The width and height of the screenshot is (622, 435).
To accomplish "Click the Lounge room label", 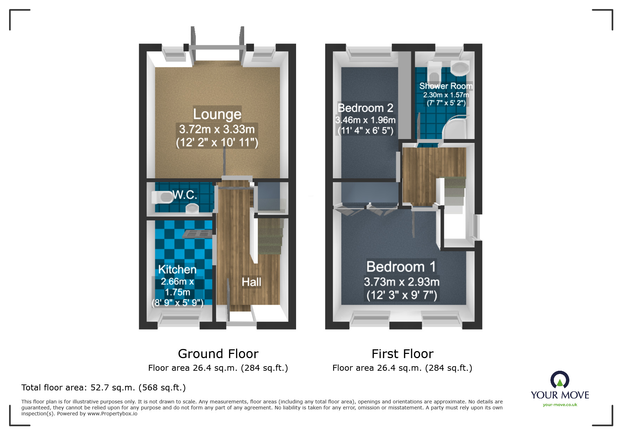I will pos(217,114).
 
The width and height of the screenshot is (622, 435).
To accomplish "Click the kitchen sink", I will pos(197,234).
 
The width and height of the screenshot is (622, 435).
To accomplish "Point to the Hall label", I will pos(251,282).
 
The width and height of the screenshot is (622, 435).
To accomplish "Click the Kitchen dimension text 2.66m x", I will pos(177,282).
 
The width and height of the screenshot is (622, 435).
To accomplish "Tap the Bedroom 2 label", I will pos(365,108).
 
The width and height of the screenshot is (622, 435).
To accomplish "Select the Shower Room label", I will pos(445,86).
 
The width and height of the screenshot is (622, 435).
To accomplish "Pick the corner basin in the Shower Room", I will pos(459,68).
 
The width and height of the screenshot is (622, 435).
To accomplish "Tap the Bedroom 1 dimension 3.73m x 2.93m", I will pos(401,282).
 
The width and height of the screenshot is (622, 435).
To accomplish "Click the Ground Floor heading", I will pos(218,354).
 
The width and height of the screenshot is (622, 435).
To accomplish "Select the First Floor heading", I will pos(402,354).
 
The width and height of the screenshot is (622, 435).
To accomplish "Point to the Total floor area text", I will pos(103,388).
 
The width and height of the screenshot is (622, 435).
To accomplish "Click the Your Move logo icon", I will pos(559,380).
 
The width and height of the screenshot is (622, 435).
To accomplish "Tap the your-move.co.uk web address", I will pos(560,405).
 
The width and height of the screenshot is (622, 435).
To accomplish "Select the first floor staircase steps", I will pos(454,195).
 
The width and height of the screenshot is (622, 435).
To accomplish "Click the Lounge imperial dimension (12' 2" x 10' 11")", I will pos(217,143).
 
